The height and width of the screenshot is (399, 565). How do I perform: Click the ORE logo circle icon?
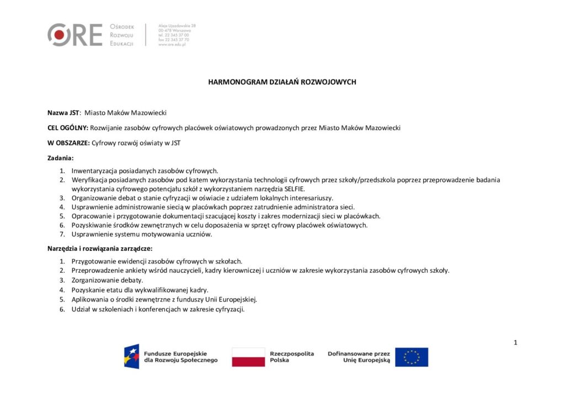[x=59, y=35]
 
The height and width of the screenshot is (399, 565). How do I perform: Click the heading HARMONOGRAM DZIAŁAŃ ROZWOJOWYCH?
[x=282, y=82]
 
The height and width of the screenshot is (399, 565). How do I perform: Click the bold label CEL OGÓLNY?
[x=67, y=128]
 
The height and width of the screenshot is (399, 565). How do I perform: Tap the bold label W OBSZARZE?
[x=68, y=143]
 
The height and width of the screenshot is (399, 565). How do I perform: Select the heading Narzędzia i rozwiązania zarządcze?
[x=96, y=249]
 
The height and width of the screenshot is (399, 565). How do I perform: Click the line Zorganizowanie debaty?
[x=107, y=280]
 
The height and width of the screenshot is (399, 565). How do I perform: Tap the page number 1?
[x=515, y=343]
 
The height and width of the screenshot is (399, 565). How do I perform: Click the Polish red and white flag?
[x=248, y=357]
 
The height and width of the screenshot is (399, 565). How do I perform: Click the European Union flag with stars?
[x=411, y=357]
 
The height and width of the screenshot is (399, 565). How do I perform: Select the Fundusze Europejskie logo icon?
[x=131, y=357]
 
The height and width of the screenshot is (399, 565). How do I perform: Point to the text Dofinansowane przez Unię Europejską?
[x=359, y=357]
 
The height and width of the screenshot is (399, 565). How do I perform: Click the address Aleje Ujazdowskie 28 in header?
[x=177, y=26]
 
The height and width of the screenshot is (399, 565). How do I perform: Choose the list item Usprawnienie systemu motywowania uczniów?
[x=141, y=234]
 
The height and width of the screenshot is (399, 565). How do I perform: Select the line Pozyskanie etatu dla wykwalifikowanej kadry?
[x=140, y=289]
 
